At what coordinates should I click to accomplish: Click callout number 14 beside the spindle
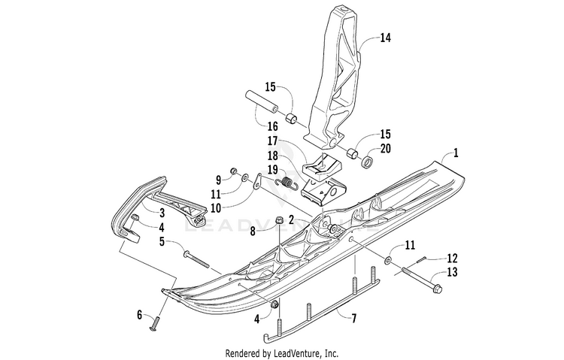(386, 36)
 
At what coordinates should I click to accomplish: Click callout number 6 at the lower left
(138, 314)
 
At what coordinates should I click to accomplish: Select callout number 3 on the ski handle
(161, 213)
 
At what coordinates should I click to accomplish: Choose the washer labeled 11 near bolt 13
(387, 260)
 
